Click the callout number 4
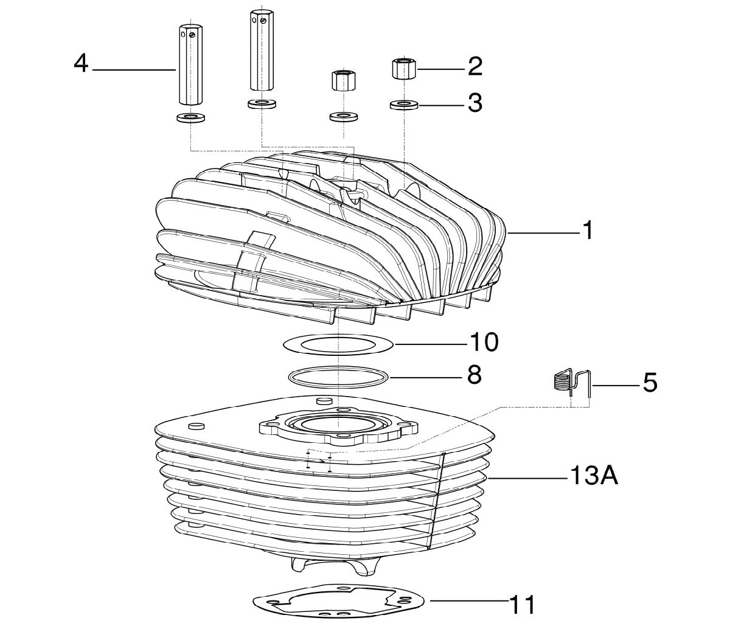(x=81, y=64)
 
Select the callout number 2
(x=475, y=66)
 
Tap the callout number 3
(x=475, y=103)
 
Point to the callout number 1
(x=587, y=231)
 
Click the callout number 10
(x=484, y=342)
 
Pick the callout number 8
(x=474, y=375)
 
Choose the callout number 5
(x=650, y=382)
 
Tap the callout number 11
(x=522, y=605)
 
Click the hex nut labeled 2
(x=403, y=69)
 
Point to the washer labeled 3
(x=404, y=105)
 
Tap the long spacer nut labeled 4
(x=190, y=64)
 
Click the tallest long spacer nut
(x=262, y=50)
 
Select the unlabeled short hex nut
(x=343, y=81)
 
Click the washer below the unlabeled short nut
(x=343, y=117)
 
